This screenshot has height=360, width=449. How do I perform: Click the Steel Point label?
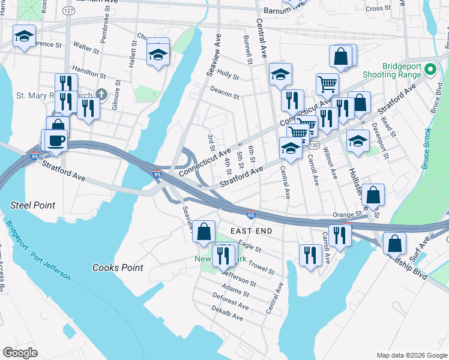[x=32, y=205]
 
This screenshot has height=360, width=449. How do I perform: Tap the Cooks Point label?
[x=118, y=268]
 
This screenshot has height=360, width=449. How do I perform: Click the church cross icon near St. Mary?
[x=101, y=94]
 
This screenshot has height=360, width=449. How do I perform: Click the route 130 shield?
[x=313, y=146]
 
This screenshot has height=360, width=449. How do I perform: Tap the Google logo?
[x=20, y=352]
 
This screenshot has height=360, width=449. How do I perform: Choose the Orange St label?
[x=345, y=214]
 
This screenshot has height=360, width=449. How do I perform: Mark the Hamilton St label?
[x=89, y=72]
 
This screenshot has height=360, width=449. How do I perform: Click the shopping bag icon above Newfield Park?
[x=204, y=231]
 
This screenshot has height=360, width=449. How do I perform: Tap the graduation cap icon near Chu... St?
[x=158, y=55]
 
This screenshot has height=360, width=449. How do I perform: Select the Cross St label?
[x=378, y=8]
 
